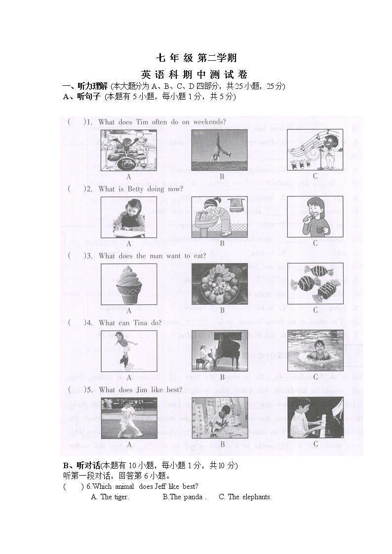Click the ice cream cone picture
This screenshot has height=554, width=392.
pos(129,284)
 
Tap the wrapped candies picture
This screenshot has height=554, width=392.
pos(315,284)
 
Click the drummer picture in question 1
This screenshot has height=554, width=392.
pos(129,150)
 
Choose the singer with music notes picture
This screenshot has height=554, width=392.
pos(315,150)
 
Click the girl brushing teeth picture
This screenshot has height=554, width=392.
pos(315,217)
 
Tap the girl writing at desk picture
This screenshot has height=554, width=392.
pos(129,217)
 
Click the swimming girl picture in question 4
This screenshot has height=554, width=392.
pos(315,351)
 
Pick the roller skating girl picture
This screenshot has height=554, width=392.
pos(129,351)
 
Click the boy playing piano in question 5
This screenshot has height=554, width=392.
pos(315,418)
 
